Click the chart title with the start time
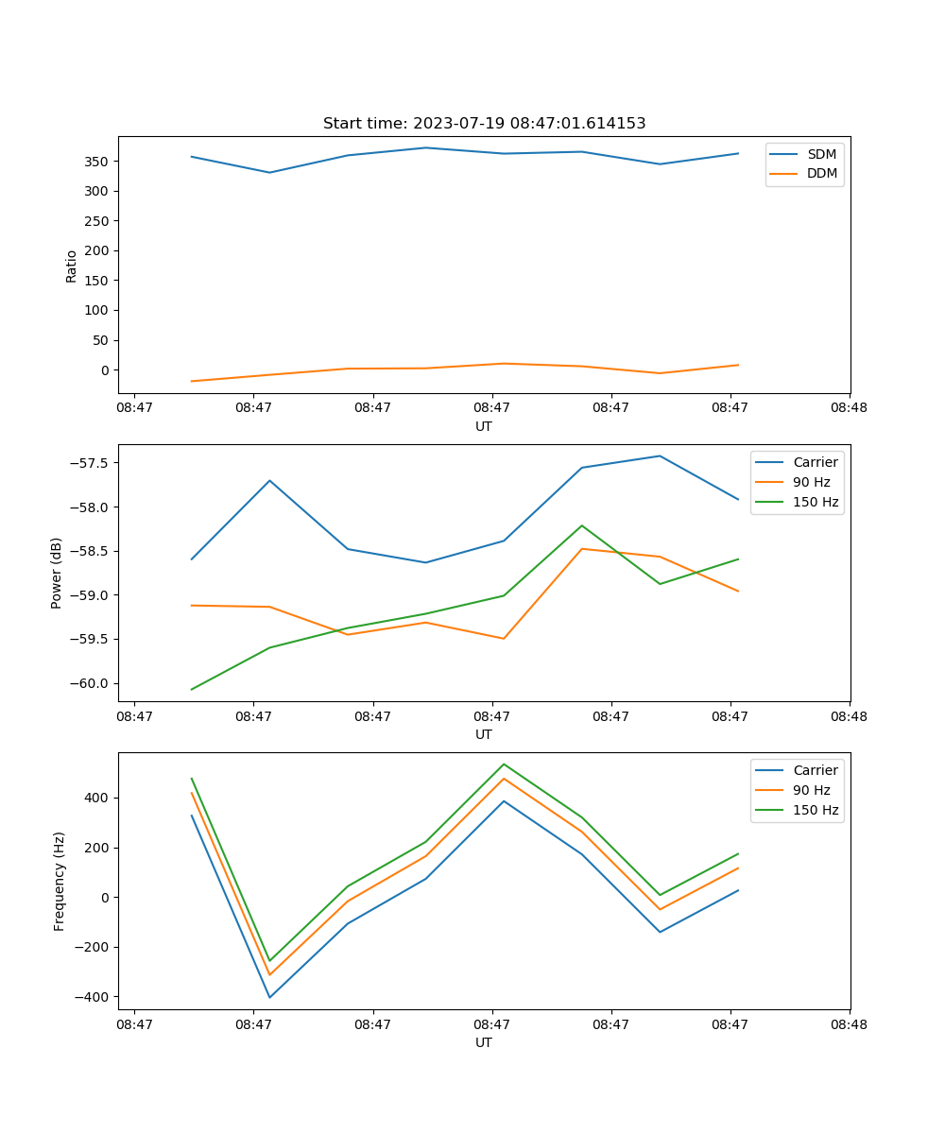(484, 124)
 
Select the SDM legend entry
(821, 154)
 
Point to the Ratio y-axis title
(72, 266)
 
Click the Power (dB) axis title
(57, 573)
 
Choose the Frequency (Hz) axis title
(60, 881)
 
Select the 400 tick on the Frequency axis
(96, 798)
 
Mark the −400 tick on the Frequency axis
(92, 997)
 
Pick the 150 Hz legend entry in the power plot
(815, 502)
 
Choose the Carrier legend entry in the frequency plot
(815, 770)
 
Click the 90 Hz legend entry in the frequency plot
(811, 790)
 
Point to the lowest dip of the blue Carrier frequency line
(269, 997)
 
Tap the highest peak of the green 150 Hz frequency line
(504, 764)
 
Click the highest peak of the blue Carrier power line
(660, 455)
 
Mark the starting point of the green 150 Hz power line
(192, 689)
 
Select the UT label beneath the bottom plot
(484, 1042)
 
